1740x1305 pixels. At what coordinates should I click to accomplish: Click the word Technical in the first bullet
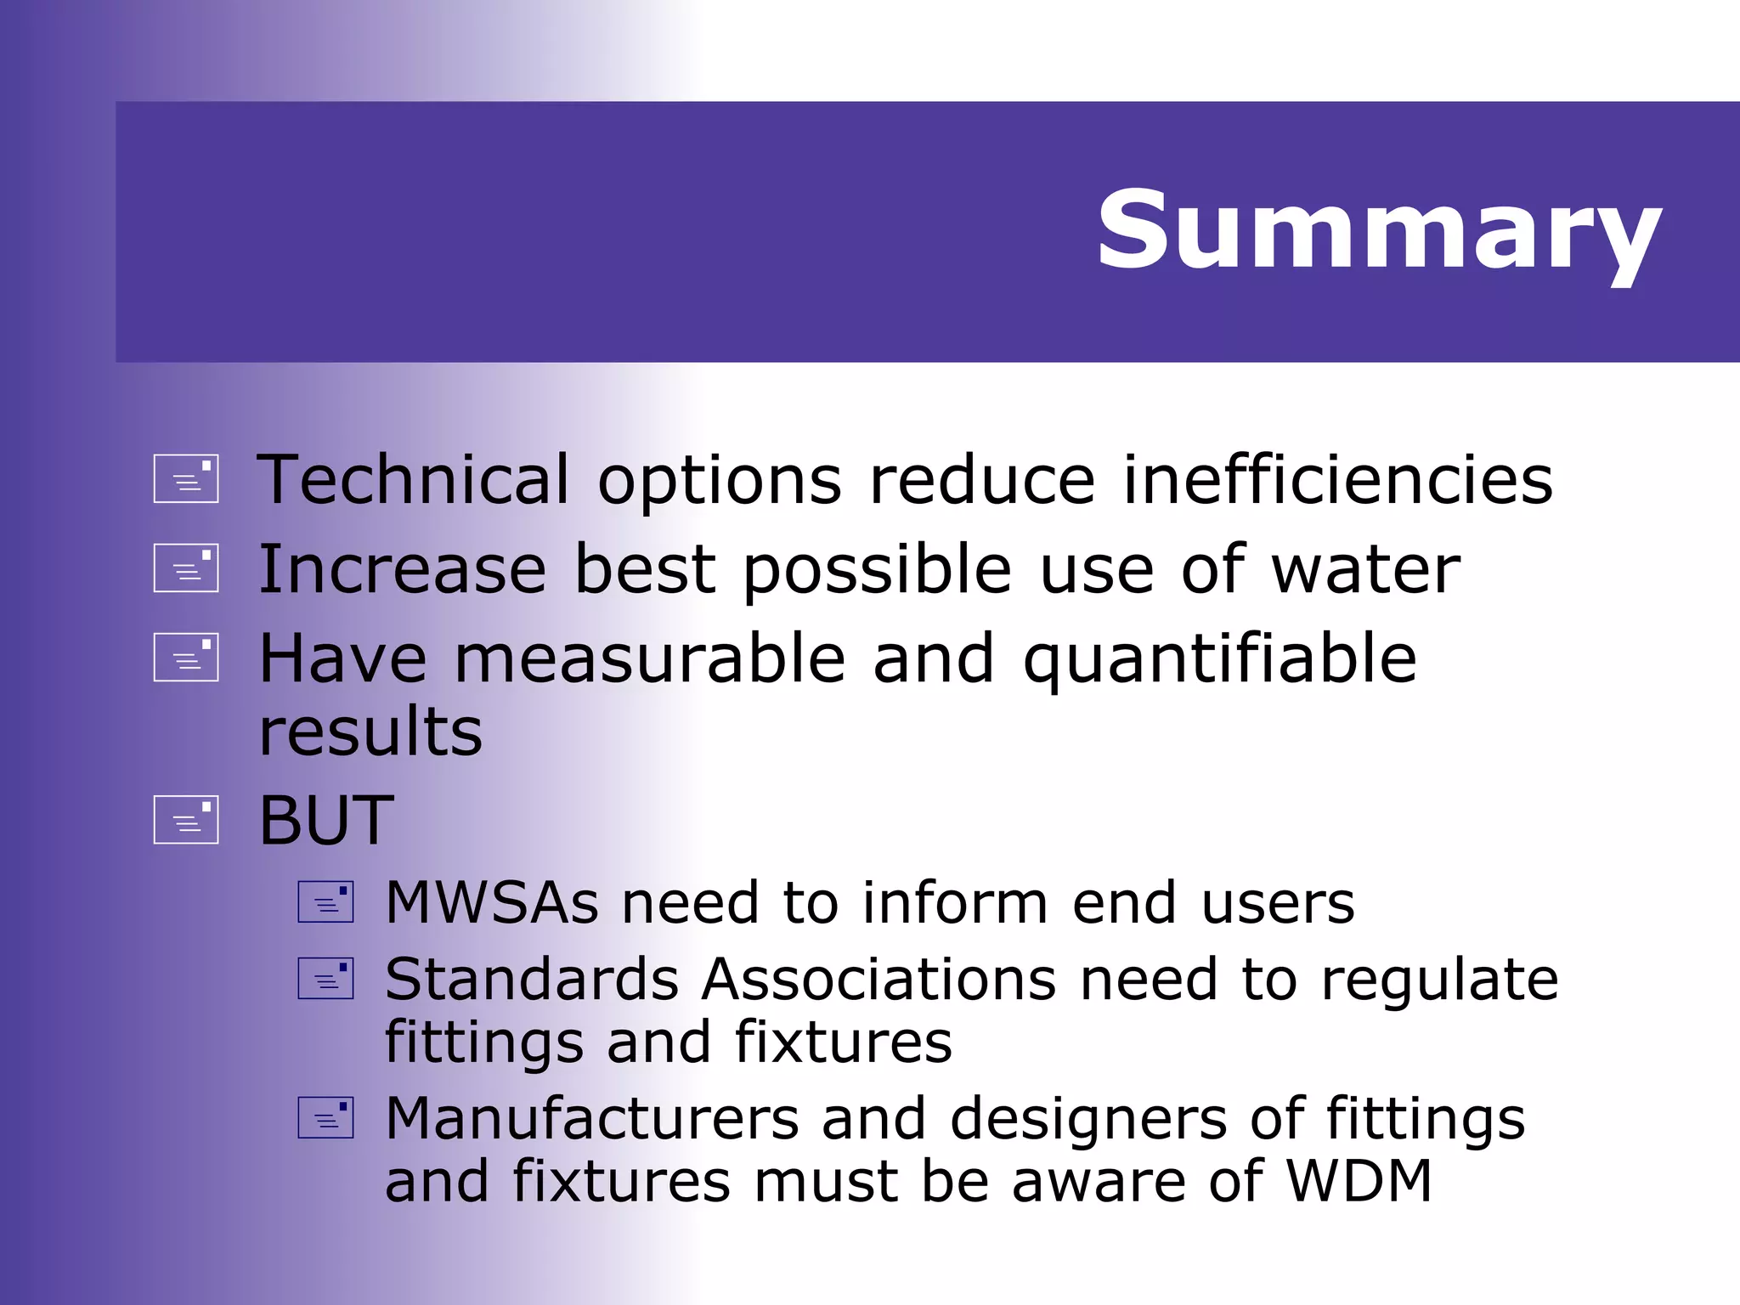coord(413,480)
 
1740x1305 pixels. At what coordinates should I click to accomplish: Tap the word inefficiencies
coord(1338,480)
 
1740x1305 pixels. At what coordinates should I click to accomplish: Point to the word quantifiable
coord(1220,660)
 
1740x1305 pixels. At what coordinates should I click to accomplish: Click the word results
coord(370,732)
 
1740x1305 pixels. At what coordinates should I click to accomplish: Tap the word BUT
coord(326,821)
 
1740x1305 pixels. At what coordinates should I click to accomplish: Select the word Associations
coord(879,980)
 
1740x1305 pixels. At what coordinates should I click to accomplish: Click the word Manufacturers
coord(592,1119)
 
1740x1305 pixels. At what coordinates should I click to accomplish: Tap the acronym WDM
coord(1359,1181)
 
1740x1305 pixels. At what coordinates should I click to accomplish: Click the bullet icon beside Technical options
coord(186,479)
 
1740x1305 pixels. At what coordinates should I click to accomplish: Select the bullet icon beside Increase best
coord(186,568)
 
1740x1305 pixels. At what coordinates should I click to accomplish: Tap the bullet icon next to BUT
coord(186,820)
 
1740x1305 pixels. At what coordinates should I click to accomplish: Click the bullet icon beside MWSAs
coord(325,902)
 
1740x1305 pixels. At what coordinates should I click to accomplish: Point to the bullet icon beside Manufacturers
coord(325,1118)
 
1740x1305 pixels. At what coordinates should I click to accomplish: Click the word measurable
coord(650,660)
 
